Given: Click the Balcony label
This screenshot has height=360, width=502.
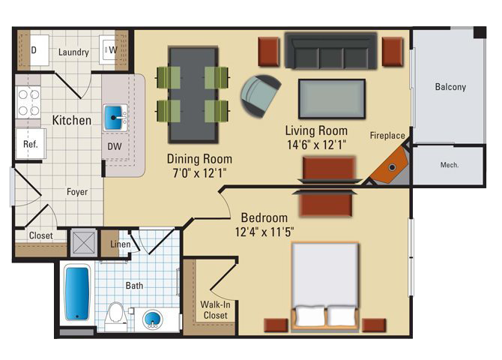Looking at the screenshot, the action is (x=450, y=87).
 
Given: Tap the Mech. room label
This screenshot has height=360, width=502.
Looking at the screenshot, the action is (x=449, y=165).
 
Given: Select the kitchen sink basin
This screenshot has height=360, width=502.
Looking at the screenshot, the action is (x=114, y=118).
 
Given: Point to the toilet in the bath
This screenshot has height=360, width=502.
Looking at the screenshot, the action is (x=115, y=315).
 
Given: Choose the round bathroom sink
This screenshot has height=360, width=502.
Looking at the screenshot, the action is (x=152, y=319).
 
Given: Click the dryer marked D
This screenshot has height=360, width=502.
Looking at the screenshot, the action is (x=40, y=50).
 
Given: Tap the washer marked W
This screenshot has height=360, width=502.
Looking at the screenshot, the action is (x=109, y=50).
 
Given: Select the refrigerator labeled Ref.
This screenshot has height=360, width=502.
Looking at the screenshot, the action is (x=31, y=143).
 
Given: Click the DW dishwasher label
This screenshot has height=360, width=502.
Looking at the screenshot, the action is (x=115, y=146).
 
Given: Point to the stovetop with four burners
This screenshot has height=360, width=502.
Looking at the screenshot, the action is (x=28, y=103).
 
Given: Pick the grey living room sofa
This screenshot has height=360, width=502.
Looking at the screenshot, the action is (x=330, y=51).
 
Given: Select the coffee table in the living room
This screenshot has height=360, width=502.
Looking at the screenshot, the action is (x=332, y=99).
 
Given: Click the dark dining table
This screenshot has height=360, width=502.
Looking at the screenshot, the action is (x=194, y=95).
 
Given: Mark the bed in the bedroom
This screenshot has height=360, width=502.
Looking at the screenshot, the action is (x=325, y=286).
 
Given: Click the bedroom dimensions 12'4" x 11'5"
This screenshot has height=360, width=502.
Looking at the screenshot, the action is (x=264, y=232).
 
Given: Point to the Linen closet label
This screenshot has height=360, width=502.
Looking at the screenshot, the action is (x=121, y=244).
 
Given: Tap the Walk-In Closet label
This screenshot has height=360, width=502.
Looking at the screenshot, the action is (x=215, y=310).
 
